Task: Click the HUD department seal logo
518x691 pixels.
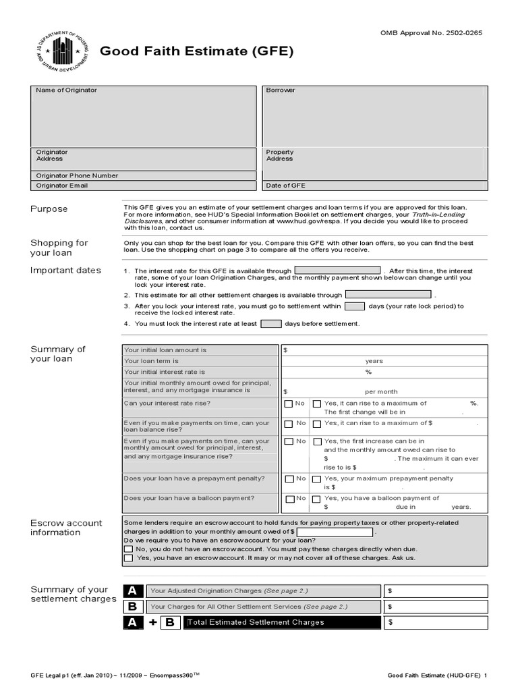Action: click(x=57, y=53)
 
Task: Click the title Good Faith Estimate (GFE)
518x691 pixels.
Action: click(x=196, y=52)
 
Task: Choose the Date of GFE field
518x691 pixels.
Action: click(x=374, y=186)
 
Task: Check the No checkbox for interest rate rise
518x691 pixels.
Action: click(x=289, y=404)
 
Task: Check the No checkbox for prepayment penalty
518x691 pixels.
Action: click(x=289, y=479)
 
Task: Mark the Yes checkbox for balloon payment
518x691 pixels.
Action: click(x=317, y=499)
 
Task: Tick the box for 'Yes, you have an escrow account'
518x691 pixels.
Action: click(x=129, y=559)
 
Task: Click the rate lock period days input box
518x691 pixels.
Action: click(x=354, y=306)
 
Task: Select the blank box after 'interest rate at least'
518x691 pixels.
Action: click(x=270, y=323)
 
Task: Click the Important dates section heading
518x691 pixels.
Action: click(x=65, y=271)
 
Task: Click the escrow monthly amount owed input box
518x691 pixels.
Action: click(x=334, y=532)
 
